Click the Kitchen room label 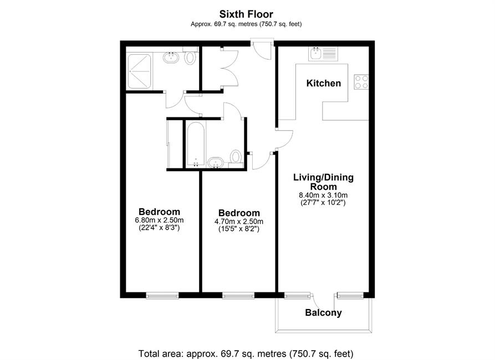point(324,83)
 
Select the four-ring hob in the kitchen point(361,82)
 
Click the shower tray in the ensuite point(139,71)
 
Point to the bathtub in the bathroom point(196,144)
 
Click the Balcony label point(323,313)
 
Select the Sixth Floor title point(246,14)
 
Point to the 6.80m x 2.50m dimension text point(159,220)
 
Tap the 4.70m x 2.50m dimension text point(239,222)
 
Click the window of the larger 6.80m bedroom point(162,296)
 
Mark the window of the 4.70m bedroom point(238,296)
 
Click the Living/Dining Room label point(323,182)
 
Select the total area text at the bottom point(246,353)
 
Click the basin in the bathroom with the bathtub point(216,162)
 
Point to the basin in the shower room point(171,57)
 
